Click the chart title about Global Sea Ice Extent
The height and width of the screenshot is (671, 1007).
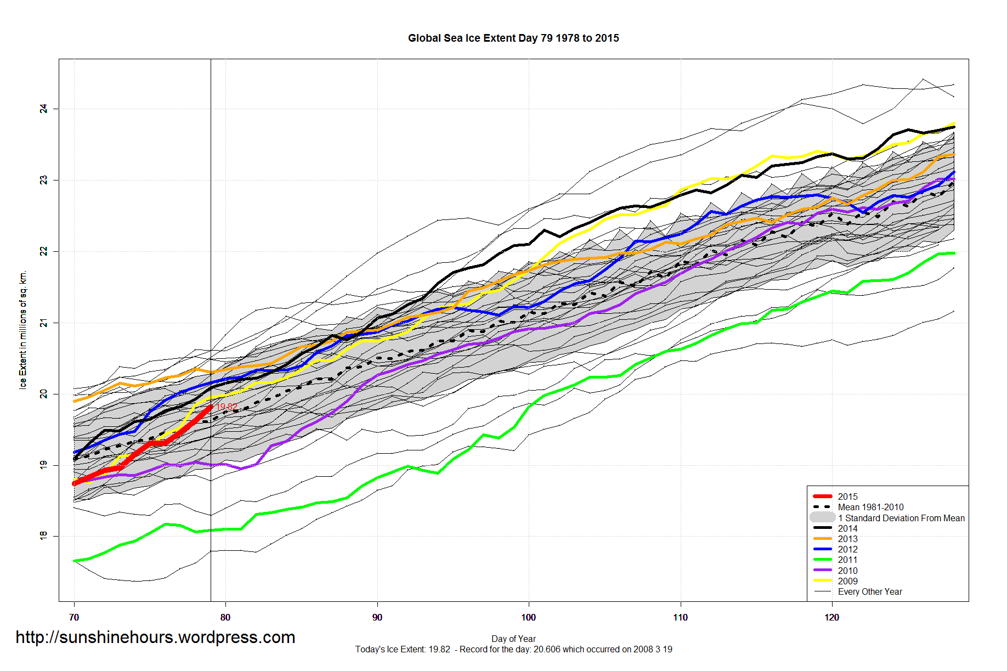pos(513,38)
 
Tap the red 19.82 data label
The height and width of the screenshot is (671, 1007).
pos(227,407)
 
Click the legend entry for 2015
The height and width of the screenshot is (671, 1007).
pos(847,497)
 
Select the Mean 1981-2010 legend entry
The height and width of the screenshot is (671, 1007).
pos(870,507)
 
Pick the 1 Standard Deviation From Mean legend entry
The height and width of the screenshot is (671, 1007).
pos(901,518)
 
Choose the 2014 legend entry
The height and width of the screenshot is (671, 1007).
pos(847,528)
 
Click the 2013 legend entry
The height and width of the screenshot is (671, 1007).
pos(847,539)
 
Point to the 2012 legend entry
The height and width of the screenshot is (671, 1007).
pos(847,549)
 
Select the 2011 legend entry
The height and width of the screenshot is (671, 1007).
pos(847,560)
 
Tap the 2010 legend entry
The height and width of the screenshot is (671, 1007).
pos(847,571)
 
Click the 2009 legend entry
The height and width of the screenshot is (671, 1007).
pos(847,581)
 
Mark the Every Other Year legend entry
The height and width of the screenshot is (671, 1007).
pos(869,591)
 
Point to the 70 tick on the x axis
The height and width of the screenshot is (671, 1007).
pos(74,617)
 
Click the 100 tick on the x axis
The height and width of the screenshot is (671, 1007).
pos(528,617)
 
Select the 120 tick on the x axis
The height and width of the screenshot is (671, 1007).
pos(831,617)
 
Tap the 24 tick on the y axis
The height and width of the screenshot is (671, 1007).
pos(43,109)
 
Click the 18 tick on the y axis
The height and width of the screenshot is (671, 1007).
pos(43,535)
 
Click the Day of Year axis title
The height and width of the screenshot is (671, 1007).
pos(513,639)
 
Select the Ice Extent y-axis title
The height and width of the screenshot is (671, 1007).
pos(22,330)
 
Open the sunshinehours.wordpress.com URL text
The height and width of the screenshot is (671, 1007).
pos(155,637)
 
